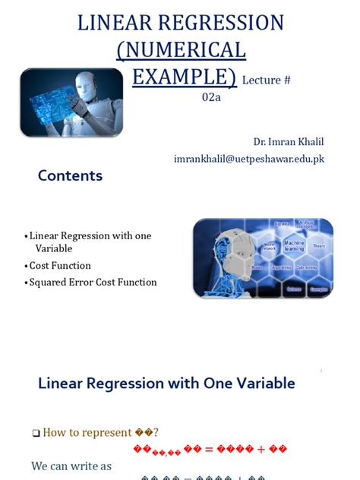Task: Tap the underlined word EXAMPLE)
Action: pyautogui.click(x=184, y=77)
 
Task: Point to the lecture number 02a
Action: pyautogui.click(x=213, y=97)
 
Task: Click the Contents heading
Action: pyautogui.click(x=70, y=176)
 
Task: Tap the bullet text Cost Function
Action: pyautogui.click(x=60, y=266)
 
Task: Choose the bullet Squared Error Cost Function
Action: pyautogui.click(x=93, y=283)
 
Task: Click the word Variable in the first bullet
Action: pyautogui.click(x=54, y=248)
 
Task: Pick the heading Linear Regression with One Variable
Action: pyautogui.click(x=166, y=384)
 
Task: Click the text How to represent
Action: pyautogui.click(x=87, y=432)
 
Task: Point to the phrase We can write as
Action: pyautogui.click(x=71, y=466)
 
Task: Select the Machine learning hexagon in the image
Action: pyautogui.click(x=293, y=246)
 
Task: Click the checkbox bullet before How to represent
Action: pyautogui.click(x=36, y=433)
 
